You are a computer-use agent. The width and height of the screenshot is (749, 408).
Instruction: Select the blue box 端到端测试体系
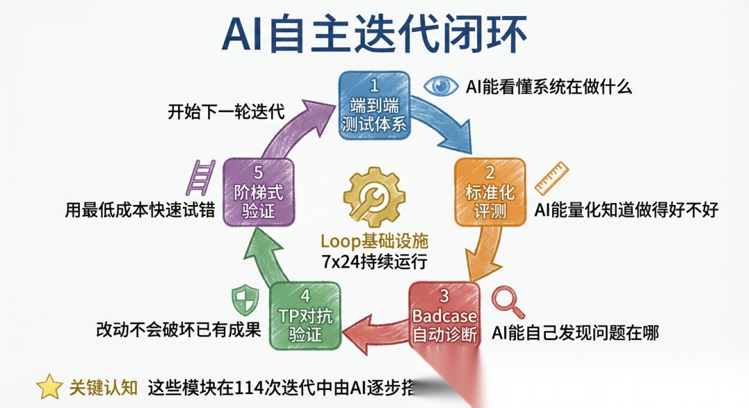pyautogui.click(x=374, y=106)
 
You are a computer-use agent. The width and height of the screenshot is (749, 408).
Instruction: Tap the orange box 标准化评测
pyautogui.click(x=489, y=193)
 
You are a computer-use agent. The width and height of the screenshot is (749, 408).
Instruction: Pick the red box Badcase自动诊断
pyautogui.click(x=445, y=314)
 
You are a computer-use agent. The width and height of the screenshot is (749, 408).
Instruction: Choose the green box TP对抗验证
pyautogui.click(x=305, y=315)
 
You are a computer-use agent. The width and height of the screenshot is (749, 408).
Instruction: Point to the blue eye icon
pyautogui.click(x=440, y=86)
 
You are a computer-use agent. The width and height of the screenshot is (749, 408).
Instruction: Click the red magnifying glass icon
pyautogui.click(x=508, y=302)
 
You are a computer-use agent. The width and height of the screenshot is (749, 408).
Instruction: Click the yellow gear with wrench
pyautogui.click(x=374, y=197)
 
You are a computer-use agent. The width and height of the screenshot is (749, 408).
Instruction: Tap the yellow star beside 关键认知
pyautogui.click(x=49, y=387)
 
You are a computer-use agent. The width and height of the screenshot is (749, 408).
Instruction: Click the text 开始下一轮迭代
pyautogui.click(x=226, y=112)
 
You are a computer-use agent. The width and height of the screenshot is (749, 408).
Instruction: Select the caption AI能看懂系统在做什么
pyautogui.click(x=549, y=87)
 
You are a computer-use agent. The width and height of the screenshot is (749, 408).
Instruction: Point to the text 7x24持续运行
pyautogui.click(x=374, y=262)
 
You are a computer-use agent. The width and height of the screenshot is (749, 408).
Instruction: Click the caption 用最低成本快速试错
pyautogui.click(x=138, y=209)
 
